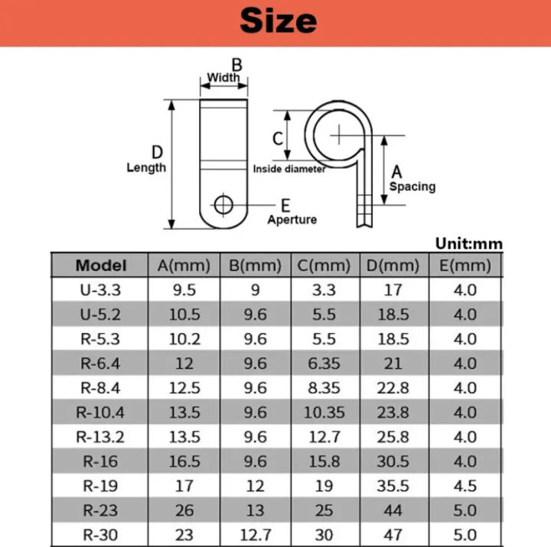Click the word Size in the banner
pos(278,21)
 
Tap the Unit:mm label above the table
pos(468,244)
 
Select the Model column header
pos(101,266)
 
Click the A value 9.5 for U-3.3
pos(184,290)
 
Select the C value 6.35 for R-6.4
pos(324,364)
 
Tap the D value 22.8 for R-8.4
pos(393,388)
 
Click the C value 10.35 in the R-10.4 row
pos(324,413)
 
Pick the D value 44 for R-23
pos(393,510)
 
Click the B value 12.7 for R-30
pos(255,535)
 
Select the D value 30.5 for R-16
pos(393,461)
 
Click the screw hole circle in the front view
pos(224,204)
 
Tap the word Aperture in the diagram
pos(292,219)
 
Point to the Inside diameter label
pos(289,169)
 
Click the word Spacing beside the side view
pos(412,186)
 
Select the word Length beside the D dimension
pos(146,167)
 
